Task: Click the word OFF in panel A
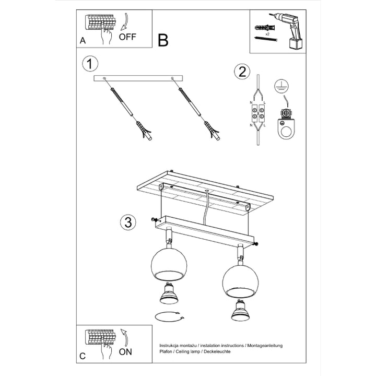[x=128, y=37]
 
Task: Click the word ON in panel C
[x=125, y=351]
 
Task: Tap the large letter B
[x=163, y=40]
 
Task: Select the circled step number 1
[x=90, y=64]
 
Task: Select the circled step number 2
[x=241, y=72]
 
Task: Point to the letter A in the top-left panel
[x=83, y=40]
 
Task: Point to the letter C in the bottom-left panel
[x=83, y=356]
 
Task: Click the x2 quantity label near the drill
[x=266, y=32]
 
